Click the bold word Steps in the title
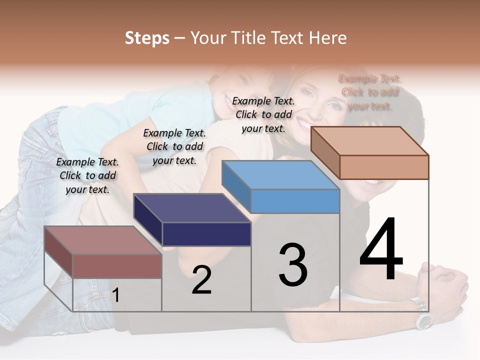[147, 38]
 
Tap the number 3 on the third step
[293, 265]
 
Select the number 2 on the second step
[201, 280]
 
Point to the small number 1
[115, 295]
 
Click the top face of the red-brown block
[103, 240]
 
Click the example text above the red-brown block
[87, 175]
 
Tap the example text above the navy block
[174, 146]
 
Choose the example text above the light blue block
[263, 114]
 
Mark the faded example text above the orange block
[370, 92]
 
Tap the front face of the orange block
[384, 167]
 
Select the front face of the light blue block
[295, 201]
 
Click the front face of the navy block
[206, 234]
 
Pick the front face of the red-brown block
[117, 266]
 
